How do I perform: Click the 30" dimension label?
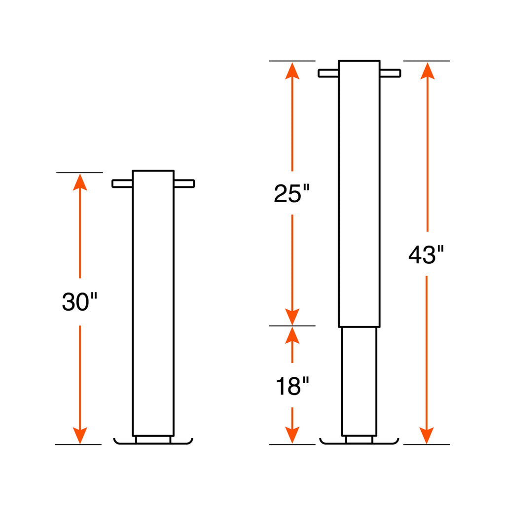click(x=79, y=302)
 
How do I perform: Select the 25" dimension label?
click(x=292, y=193)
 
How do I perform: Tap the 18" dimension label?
click(x=292, y=386)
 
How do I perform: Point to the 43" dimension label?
click(x=426, y=255)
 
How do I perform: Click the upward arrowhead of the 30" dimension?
click(x=80, y=182)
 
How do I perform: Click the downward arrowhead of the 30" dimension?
click(x=80, y=435)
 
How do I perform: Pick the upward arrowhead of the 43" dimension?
click(x=428, y=71)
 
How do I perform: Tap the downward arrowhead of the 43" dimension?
click(x=427, y=435)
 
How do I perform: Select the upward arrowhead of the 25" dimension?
click(x=292, y=71)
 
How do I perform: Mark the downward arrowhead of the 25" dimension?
click(x=292, y=317)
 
